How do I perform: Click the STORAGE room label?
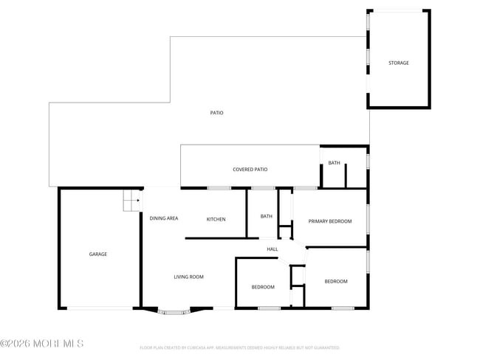399,63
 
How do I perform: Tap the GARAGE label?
98,254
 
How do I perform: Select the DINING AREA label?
164,218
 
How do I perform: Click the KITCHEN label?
216,219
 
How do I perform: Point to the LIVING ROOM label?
188,277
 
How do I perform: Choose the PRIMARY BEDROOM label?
329,221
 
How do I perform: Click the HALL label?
272,249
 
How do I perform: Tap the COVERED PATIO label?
250,169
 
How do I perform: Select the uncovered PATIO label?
216,113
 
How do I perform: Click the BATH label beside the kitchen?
267,216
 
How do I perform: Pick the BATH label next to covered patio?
335,163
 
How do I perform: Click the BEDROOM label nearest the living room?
263,287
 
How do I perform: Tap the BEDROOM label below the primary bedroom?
336,281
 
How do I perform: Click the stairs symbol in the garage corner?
131,200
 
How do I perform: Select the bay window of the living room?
175,312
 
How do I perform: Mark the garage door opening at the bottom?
100,308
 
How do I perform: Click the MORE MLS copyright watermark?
42,344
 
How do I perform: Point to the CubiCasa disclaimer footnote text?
239,347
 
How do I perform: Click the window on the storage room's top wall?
399,10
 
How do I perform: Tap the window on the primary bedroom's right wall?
368,218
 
